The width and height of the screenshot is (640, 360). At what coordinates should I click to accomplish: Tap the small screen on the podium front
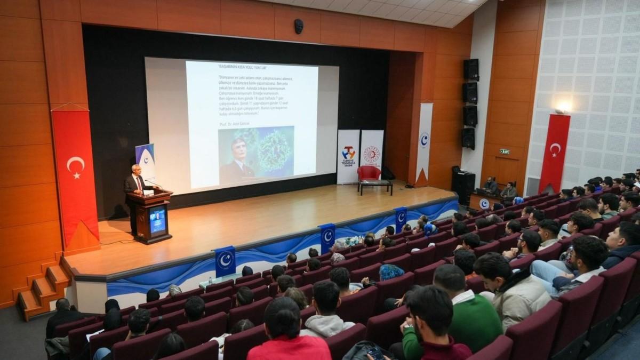[x=157, y=220]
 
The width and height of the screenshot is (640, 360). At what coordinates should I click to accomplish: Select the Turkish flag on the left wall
[x=75, y=171]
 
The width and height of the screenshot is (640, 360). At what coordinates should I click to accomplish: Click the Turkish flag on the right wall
[x=555, y=152]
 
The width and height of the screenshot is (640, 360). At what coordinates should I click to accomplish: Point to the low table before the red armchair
[x=375, y=185]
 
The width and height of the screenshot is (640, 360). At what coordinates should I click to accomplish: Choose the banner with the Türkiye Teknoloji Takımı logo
[x=348, y=156]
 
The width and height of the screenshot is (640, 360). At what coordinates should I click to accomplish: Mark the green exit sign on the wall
[x=504, y=151]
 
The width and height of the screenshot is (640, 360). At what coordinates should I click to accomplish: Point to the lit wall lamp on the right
[x=562, y=109]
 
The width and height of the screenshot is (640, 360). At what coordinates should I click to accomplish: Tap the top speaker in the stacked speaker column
[x=470, y=70]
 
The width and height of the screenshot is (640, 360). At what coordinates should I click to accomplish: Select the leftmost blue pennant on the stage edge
[x=225, y=261]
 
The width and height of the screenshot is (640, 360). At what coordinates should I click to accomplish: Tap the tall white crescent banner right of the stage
[x=424, y=141]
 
